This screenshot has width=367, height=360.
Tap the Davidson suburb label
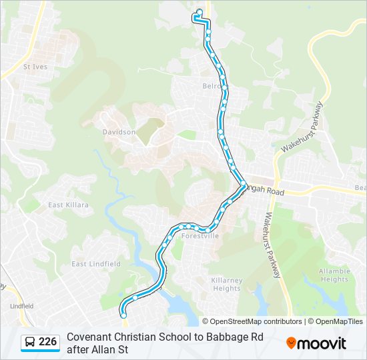coord(119,132)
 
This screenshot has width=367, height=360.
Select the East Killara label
coord(68,205)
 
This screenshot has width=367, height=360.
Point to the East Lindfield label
coord(96,264)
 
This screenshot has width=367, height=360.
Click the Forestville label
coord(200,235)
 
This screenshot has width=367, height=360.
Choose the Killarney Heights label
coord(226,284)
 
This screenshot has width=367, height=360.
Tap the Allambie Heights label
coord(334,275)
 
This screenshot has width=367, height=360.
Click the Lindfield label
coord(21,305)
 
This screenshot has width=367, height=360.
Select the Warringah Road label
coord(266,192)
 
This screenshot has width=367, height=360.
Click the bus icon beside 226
coord(30,342)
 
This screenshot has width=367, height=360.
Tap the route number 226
coord(48,342)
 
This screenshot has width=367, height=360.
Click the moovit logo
coord(316,343)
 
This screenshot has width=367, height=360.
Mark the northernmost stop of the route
coord(200,11)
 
